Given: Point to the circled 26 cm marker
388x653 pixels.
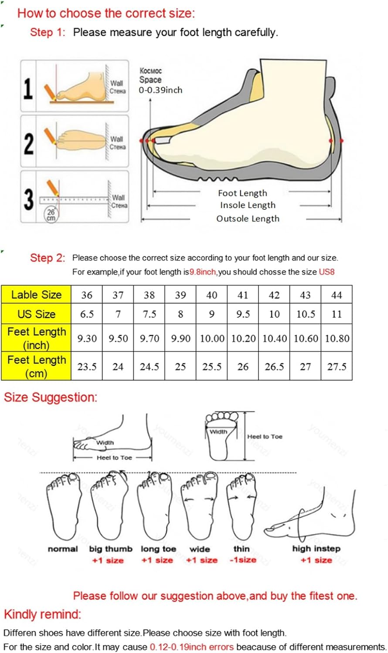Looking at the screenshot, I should pyautogui.click(x=51, y=215).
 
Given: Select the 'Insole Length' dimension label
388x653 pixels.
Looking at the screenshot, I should pyautogui.click(x=248, y=205).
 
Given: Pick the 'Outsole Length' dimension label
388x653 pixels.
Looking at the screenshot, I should pyautogui.click(x=248, y=219).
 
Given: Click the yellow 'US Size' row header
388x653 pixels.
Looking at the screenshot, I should pyautogui.click(x=36, y=314).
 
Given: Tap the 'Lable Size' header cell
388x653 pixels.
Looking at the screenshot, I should pyautogui.click(x=36, y=295).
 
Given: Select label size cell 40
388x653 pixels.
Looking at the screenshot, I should pyautogui.click(x=212, y=295).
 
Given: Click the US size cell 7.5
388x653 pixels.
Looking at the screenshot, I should pyautogui.click(x=150, y=314).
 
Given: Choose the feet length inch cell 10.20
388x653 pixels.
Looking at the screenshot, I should pyautogui.click(x=243, y=338).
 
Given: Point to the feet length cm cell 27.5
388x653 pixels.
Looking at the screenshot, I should pyautogui.click(x=337, y=367).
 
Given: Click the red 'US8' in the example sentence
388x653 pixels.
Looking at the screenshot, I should pyautogui.click(x=327, y=272).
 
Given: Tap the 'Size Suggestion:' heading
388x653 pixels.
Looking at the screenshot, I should pyautogui.click(x=51, y=397).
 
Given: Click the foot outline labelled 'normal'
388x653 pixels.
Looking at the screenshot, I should pyautogui.click(x=64, y=505).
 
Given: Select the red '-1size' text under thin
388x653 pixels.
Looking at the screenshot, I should pyautogui.click(x=243, y=560).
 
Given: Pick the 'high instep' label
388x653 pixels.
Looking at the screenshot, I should pyautogui.click(x=316, y=549).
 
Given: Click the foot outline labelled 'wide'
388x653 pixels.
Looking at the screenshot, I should pyautogui.click(x=200, y=505).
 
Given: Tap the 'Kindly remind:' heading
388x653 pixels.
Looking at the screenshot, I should pyautogui.click(x=43, y=614).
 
